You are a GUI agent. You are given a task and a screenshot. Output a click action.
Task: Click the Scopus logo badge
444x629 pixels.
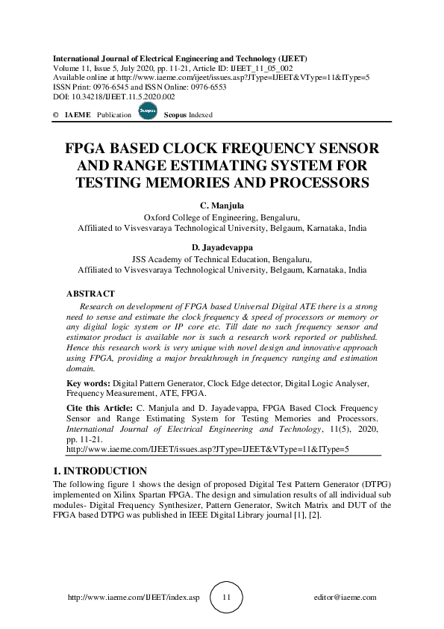(x=147, y=111)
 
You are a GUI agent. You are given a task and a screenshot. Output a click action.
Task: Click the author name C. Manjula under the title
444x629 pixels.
(x=222, y=205)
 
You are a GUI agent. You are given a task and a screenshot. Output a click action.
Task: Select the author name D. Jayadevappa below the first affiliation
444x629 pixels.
(x=222, y=247)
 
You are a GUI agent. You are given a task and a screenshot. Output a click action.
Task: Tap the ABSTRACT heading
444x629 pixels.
(x=90, y=294)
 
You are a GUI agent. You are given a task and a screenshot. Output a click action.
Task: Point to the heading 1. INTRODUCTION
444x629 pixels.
(x=100, y=471)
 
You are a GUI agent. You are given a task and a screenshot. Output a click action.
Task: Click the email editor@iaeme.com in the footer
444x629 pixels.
(x=345, y=598)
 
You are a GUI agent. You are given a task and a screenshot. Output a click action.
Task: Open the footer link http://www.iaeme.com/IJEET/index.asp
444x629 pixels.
(x=134, y=598)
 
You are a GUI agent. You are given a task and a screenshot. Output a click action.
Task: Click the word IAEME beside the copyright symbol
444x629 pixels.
(x=78, y=115)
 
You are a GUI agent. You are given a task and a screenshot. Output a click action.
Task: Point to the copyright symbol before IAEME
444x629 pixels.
(x=56, y=115)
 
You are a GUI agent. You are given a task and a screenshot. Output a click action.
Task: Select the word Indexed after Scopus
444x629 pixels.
(x=201, y=115)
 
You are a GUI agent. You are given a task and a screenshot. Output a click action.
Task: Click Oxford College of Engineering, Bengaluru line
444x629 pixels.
(x=222, y=217)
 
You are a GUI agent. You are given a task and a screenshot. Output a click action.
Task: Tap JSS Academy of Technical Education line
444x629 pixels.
(x=222, y=258)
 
